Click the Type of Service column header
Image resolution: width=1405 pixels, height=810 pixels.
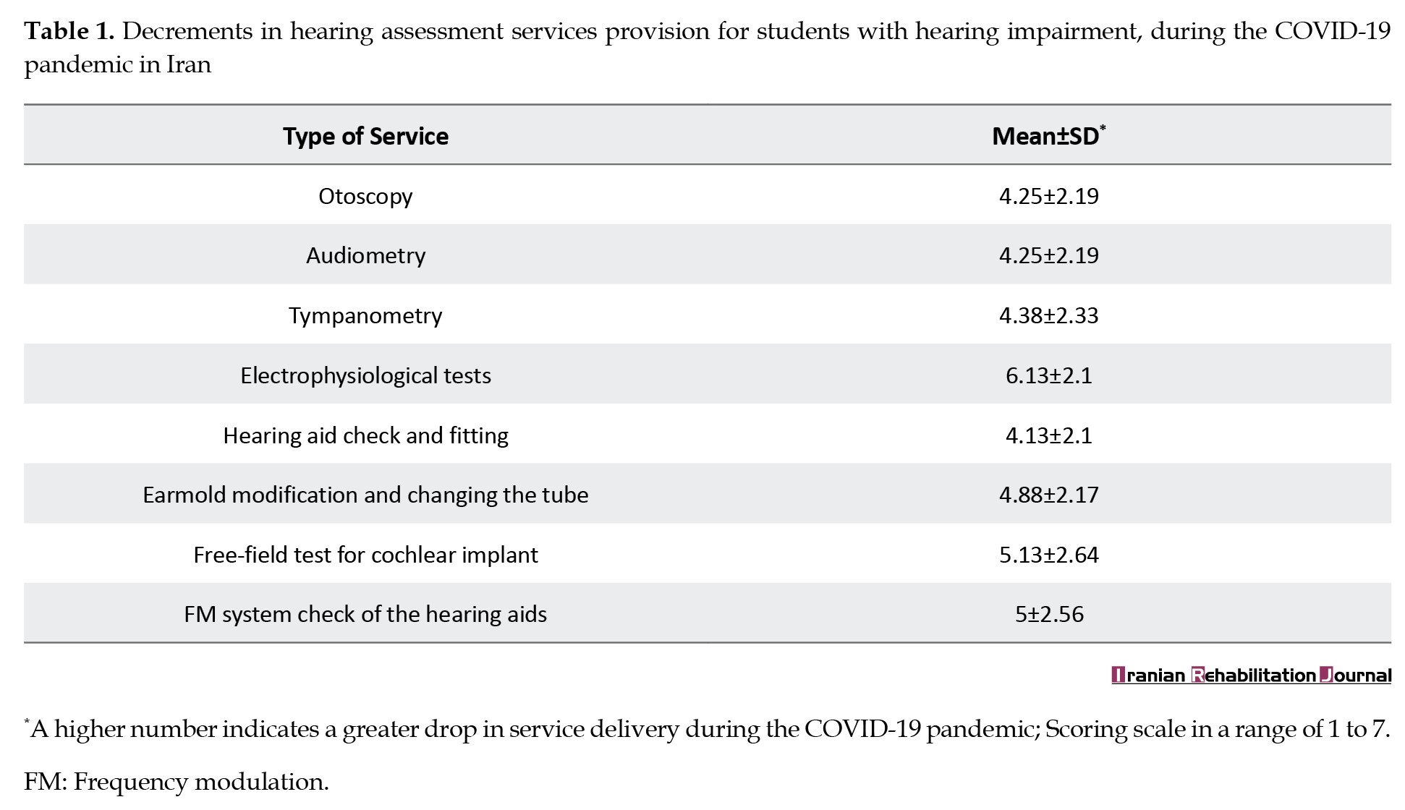coord(365,136)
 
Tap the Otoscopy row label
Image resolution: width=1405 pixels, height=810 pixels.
coord(365,196)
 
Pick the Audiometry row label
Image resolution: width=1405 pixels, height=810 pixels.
coord(365,255)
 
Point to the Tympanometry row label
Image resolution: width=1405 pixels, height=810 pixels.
coord(365,315)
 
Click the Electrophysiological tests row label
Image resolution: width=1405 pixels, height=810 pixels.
coord(365,375)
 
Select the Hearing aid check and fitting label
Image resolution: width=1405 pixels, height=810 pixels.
coord(365,435)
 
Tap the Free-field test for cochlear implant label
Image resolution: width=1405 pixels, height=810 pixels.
coord(365,555)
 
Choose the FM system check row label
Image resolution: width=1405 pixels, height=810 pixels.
coord(365,614)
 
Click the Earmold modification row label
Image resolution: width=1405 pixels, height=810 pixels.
coord(365,495)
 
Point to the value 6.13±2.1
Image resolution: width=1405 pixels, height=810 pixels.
coord(1048,375)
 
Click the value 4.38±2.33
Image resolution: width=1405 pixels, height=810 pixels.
coord(1048,315)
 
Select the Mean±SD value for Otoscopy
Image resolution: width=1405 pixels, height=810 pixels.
coord(1048,196)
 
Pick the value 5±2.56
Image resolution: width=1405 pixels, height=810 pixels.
coord(1048,614)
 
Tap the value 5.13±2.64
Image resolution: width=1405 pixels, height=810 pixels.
coord(1048,555)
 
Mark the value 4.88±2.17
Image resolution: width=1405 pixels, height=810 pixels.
coord(1048,495)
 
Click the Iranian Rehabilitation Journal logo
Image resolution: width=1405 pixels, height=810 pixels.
coord(1251,675)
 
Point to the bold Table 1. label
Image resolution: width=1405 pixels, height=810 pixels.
coord(69,31)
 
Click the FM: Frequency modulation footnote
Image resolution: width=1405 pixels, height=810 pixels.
coord(177,782)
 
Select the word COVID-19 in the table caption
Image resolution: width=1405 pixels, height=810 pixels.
coord(1332,31)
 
